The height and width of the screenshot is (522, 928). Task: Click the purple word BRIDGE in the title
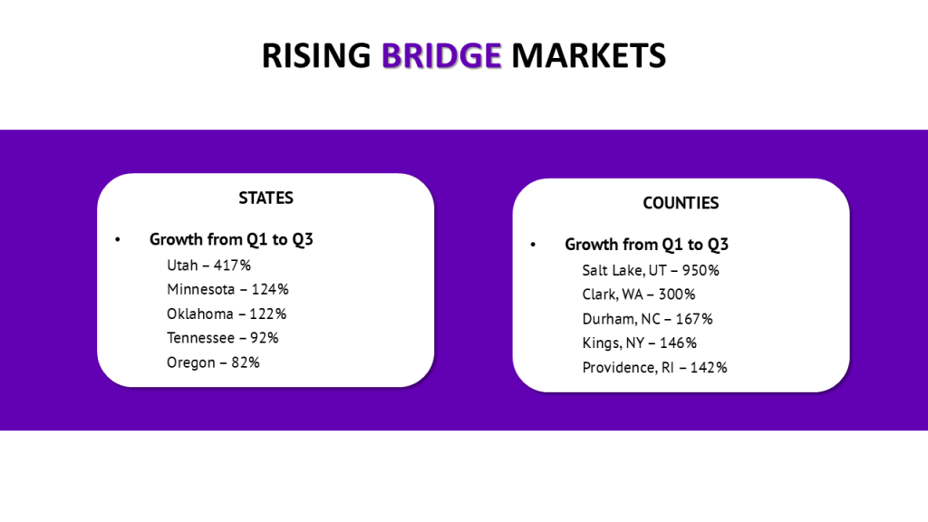pyautogui.click(x=441, y=55)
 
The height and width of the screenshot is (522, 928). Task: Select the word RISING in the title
pyautogui.click(x=316, y=55)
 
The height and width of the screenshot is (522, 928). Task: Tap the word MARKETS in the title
pyautogui.click(x=588, y=55)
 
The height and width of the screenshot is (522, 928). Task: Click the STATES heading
pyautogui.click(x=266, y=198)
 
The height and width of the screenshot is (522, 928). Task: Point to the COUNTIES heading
pyautogui.click(x=681, y=203)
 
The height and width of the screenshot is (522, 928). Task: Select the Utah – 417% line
pyautogui.click(x=208, y=266)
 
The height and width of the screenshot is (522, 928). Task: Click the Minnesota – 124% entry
pyautogui.click(x=227, y=290)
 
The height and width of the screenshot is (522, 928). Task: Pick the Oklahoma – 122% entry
pyautogui.click(x=227, y=314)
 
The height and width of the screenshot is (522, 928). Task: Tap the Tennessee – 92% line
pyautogui.click(x=223, y=338)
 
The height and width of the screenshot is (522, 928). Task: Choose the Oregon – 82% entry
pyautogui.click(x=213, y=362)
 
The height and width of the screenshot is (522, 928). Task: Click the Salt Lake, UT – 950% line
pyautogui.click(x=651, y=270)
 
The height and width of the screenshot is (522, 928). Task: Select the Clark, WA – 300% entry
pyautogui.click(x=639, y=295)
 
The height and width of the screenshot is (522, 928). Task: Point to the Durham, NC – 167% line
pyautogui.click(x=647, y=319)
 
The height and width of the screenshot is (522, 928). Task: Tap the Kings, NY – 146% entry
pyautogui.click(x=640, y=343)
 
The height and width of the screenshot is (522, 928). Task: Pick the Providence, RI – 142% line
pyautogui.click(x=654, y=368)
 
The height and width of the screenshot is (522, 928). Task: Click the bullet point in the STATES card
pyautogui.click(x=118, y=240)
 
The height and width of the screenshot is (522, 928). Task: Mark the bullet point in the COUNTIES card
pyautogui.click(x=533, y=246)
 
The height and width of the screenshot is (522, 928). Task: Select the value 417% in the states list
pyautogui.click(x=233, y=266)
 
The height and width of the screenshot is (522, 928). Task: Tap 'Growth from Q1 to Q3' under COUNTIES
pyautogui.click(x=646, y=245)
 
